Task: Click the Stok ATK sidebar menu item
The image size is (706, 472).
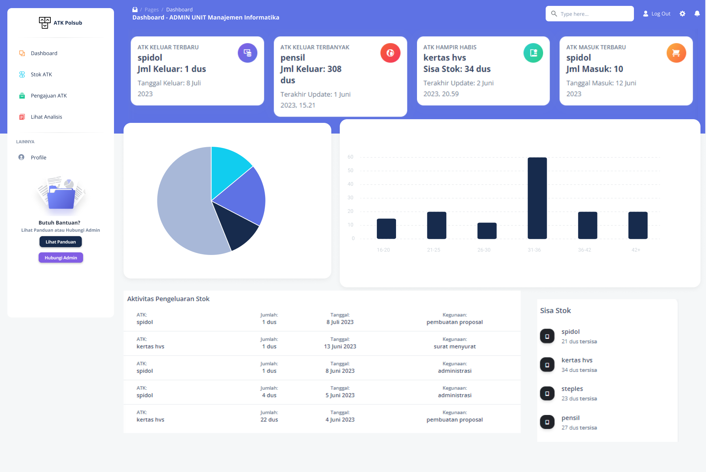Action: [x=41, y=74]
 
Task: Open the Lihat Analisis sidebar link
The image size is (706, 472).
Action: [x=46, y=117]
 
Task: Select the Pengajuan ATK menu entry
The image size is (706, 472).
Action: [x=49, y=96]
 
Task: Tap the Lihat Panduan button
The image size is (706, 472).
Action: [x=61, y=242]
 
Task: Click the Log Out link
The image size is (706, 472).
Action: [x=657, y=14]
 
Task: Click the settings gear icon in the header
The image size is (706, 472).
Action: [x=682, y=14]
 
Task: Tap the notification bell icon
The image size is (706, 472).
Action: [x=697, y=14]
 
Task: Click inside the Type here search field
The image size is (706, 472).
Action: [x=594, y=14]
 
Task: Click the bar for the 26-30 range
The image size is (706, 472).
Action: [x=487, y=231]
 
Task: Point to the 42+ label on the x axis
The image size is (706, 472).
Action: [x=636, y=250]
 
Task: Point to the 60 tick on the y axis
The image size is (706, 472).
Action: [x=350, y=157]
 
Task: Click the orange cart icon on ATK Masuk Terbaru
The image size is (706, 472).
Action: [x=676, y=53]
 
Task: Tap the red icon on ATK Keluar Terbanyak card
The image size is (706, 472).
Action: [x=390, y=53]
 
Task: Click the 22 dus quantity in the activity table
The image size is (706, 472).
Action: [x=269, y=419]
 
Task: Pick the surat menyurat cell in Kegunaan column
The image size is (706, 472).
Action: [x=454, y=346]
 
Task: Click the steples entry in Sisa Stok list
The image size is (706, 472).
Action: [x=572, y=389]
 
